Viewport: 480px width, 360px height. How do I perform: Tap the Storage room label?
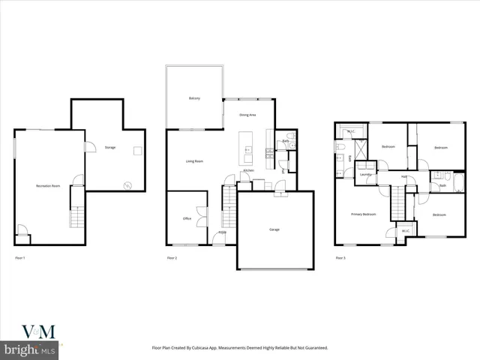coord(110,147)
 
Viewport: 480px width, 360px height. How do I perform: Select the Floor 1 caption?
coord(20,258)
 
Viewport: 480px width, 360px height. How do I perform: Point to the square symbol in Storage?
coord(137,151)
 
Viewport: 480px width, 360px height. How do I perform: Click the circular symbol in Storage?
coord(127,185)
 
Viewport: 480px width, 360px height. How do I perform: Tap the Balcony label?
coord(194,98)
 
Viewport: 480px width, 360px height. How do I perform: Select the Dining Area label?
coord(247,115)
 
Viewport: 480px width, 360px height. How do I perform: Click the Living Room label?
coord(195,161)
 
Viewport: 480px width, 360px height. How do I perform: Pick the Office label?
coord(187,219)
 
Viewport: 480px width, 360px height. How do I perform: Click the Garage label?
coord(274,229)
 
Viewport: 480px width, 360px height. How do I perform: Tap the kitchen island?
coord(245,147)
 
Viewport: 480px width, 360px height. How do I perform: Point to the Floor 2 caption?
coord(172,258)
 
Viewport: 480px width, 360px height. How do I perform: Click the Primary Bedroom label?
coord(363,214)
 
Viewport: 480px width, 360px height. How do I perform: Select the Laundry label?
coord(365,175)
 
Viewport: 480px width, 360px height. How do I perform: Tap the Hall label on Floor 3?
coord(403,177)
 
